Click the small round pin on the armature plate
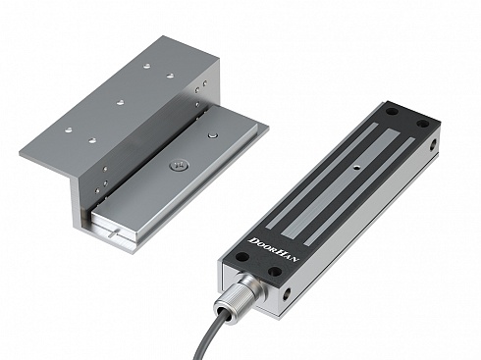click(212, 133)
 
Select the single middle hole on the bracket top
click(120, 101)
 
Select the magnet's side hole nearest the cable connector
click(288, 292)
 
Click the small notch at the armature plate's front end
click(116, 232)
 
